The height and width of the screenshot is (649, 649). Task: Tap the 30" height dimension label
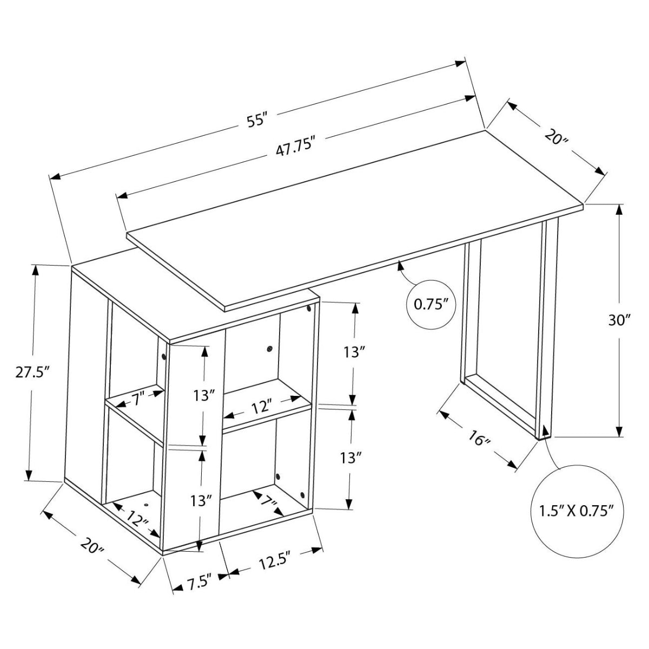point(620,320)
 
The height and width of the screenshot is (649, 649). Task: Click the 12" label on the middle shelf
point(260,406)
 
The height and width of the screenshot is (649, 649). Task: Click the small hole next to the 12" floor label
point(146,504)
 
